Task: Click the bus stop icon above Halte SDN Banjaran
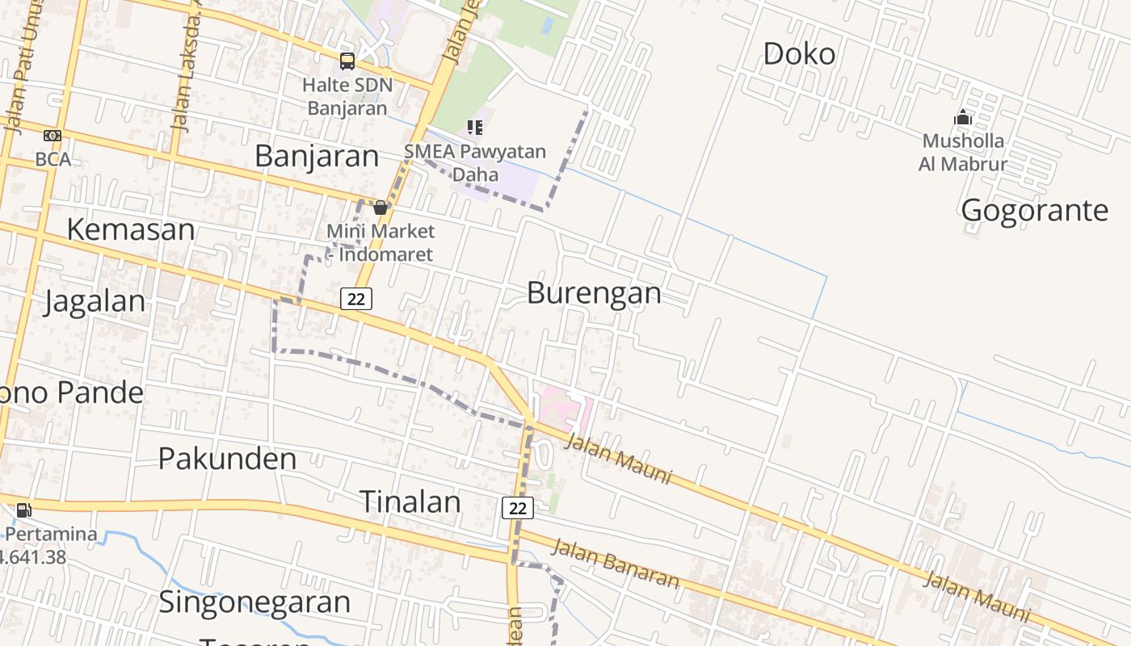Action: point(347,61)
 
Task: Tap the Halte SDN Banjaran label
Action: point(347,96)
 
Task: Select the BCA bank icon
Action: point(53,136)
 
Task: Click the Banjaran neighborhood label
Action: point(317,157)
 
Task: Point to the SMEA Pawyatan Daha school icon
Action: point(475,127)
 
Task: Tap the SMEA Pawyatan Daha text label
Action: point(475,162)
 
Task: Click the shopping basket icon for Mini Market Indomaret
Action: point(380,208)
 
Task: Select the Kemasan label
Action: point(130,229)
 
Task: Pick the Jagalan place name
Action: point(95,302)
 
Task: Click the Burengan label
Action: point(594,293)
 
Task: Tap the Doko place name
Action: point(799,54)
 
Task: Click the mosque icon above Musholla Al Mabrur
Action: point(962,118)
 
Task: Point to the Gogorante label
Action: point(1035,211)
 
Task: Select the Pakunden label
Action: point(227,459)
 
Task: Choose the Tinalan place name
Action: point(410,501)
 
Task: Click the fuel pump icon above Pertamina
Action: point(24,510)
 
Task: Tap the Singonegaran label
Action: point(254,602)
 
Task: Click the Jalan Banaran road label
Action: point(615,563)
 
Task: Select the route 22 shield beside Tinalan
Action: point(517,508)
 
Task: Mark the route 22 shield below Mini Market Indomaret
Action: point(355,299)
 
